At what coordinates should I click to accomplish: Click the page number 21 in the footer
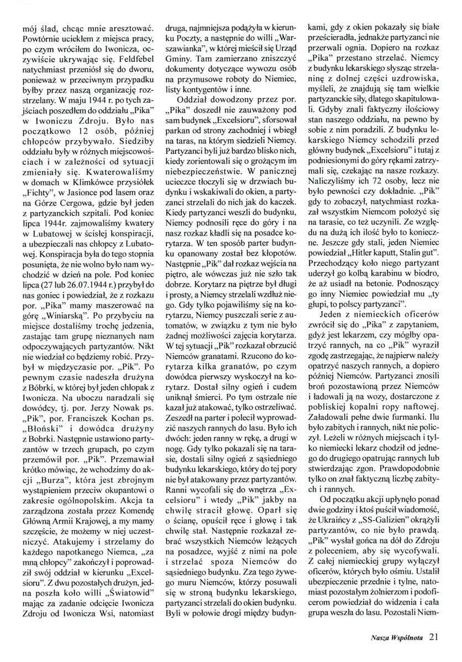434,637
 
